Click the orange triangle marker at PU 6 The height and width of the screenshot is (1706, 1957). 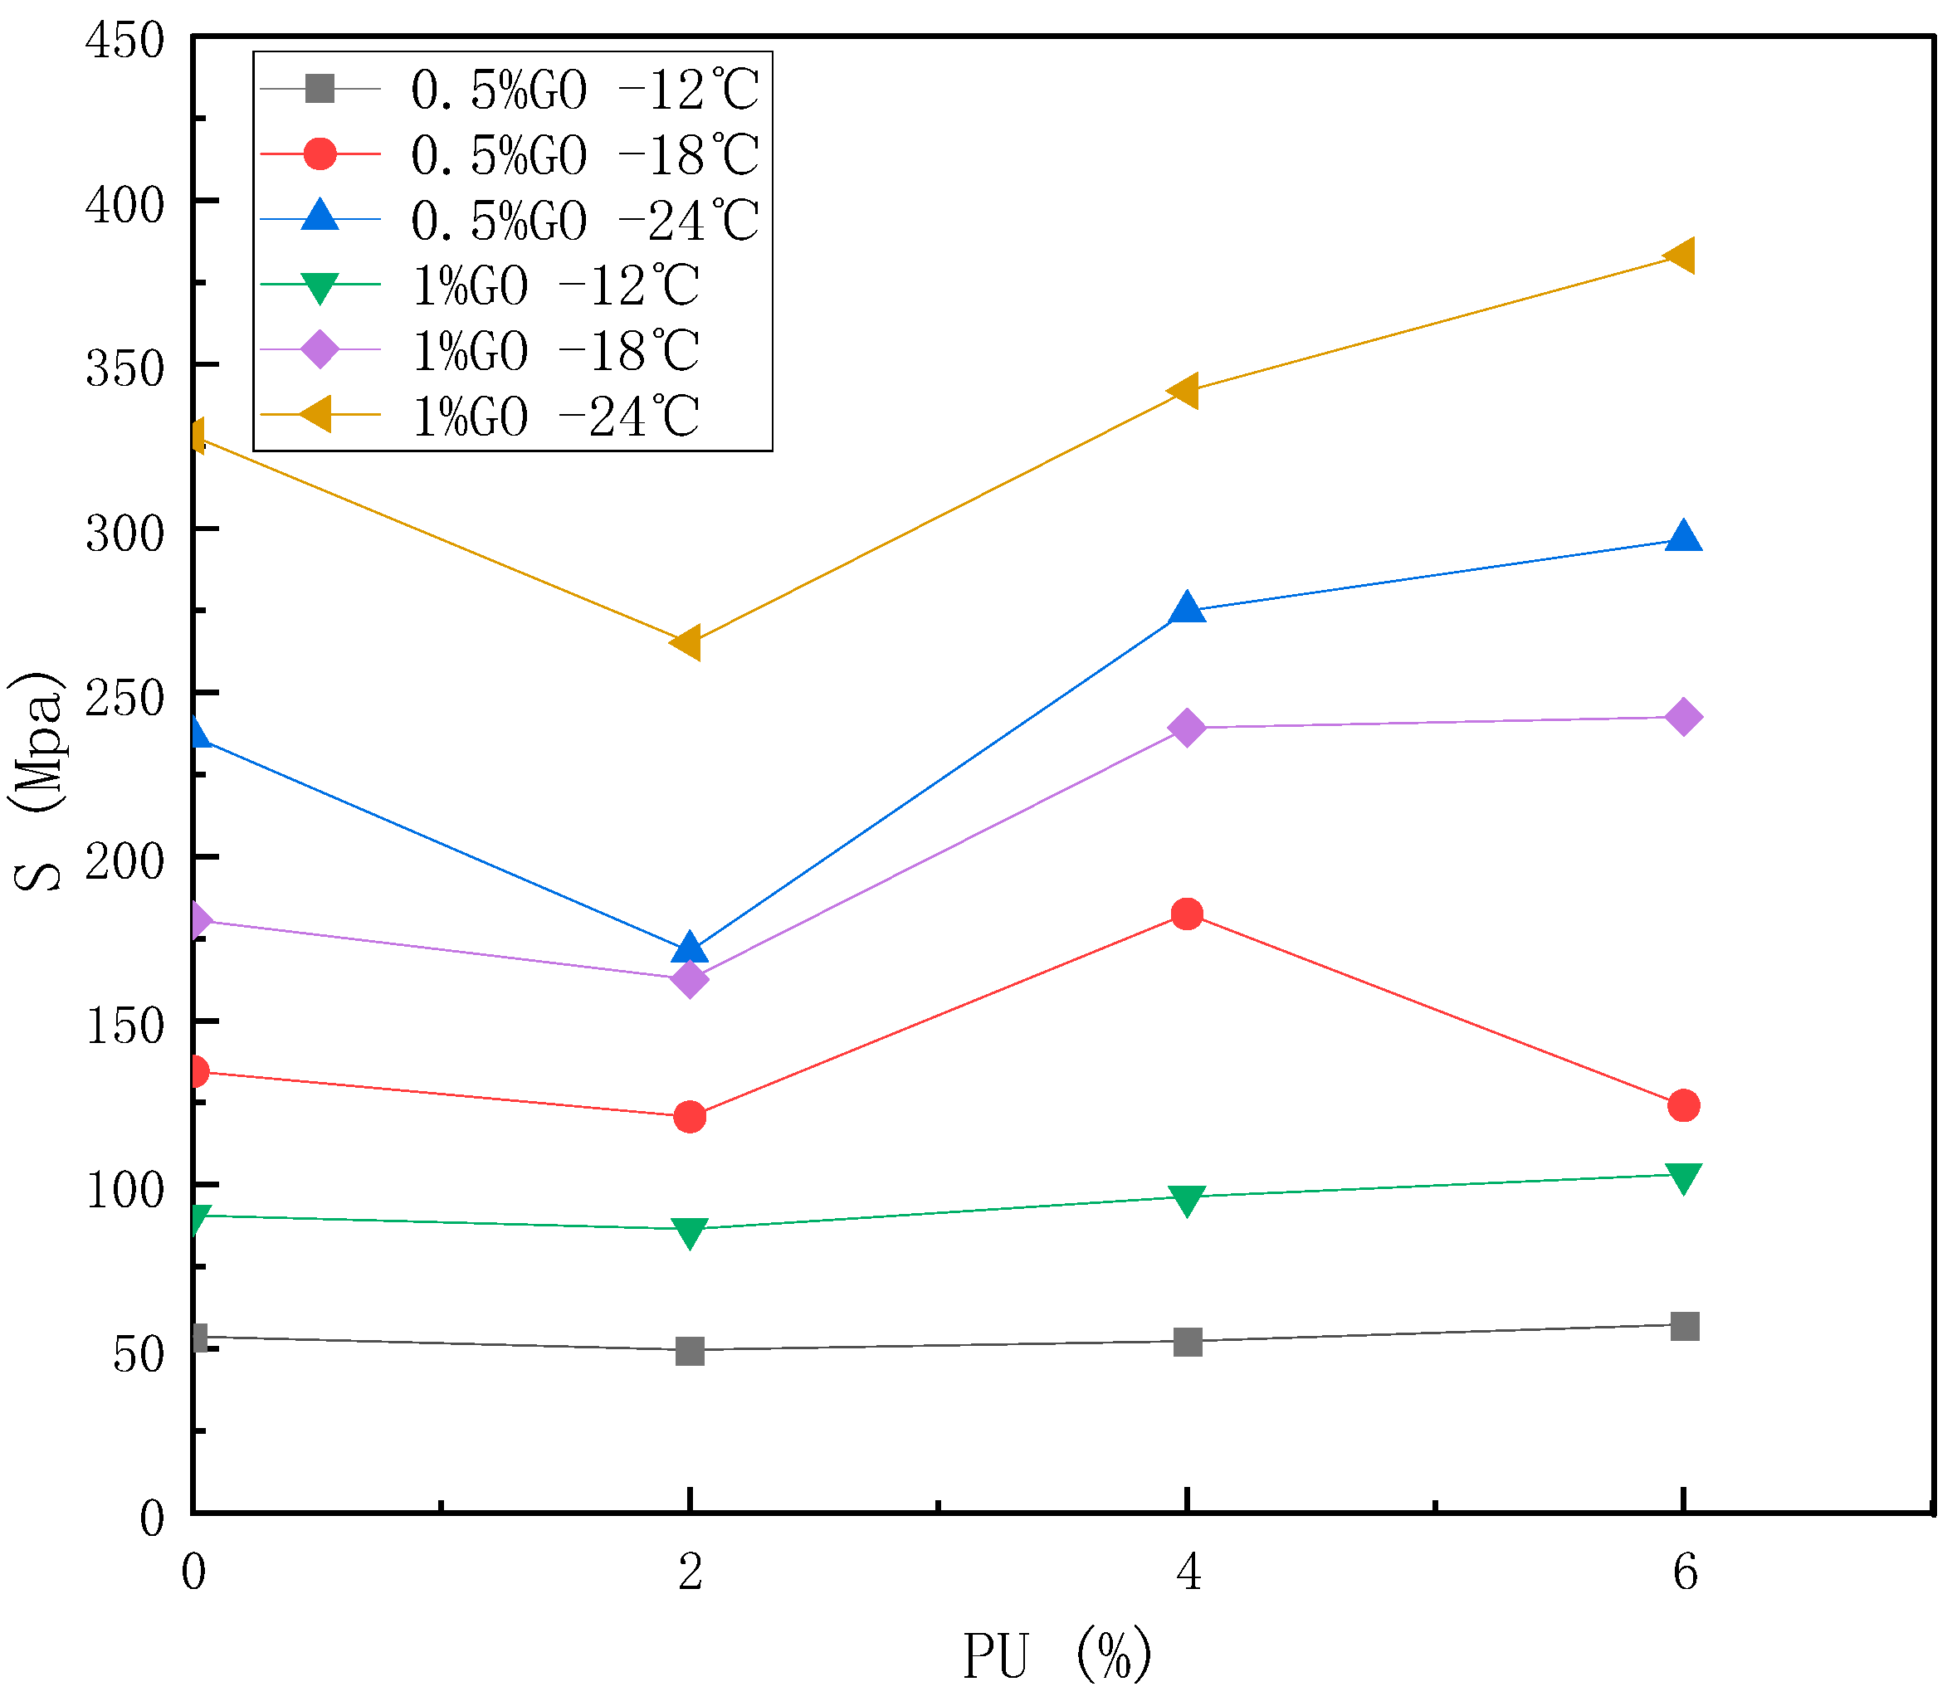click(x=1680, y=256)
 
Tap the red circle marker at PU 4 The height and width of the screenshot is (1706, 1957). click(x=1187, y=914)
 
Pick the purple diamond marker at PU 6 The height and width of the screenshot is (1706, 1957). click(x=1684, y=717)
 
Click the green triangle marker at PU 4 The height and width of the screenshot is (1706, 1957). click(x=1187, y=1200)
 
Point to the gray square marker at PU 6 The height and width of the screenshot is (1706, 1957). click(x=1685, y=1326)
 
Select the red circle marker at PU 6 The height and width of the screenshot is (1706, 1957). click(x=1684, y=1105)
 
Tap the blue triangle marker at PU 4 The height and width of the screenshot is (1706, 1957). click(x=1187, y=608)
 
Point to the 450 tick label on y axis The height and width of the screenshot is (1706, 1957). click(x=124, y=41)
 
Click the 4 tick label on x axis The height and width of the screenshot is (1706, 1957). click(x=1188, y=1572)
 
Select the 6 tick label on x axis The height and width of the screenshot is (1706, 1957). click(x=1685, y=1572)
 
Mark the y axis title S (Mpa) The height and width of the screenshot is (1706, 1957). click(x=38, y=782)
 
